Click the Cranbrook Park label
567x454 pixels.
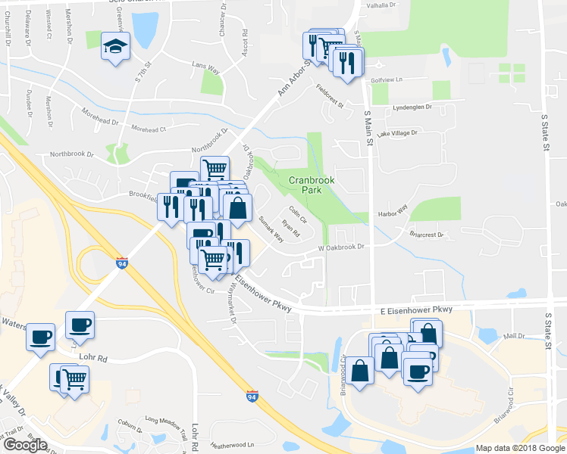tap(311, 185)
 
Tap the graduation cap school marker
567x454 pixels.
tap(114, 47)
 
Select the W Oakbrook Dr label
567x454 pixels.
tap(341, 247)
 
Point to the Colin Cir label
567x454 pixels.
tap(296, 216)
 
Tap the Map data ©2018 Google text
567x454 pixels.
tap(520, 448)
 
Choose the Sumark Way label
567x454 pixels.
tap(271, 229)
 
